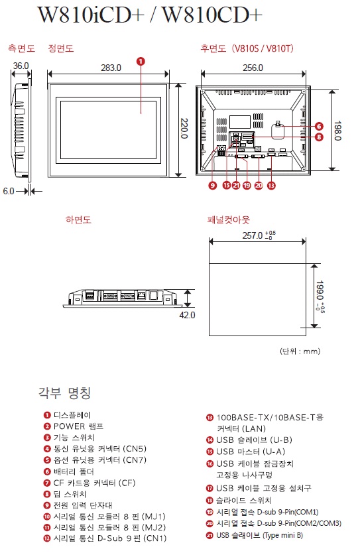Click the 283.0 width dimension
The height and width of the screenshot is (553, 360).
coord(111,68)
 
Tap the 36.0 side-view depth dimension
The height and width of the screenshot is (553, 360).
coord(21,66)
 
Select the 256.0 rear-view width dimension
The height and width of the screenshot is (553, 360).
coord(253,68)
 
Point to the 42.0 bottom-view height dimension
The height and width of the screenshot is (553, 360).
coord(187,315)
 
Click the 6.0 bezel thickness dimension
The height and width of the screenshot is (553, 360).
coord(9,191)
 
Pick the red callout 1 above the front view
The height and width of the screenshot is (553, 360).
coord(141,62)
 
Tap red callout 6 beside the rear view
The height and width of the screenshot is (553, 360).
coord(319,126)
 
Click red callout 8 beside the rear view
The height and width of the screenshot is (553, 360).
coord(319,137)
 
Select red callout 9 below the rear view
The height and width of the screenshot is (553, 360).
coord(212,185)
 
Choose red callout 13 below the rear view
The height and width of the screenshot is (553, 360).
coord(271,185)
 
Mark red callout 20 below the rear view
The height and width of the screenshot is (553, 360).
coord(259,185)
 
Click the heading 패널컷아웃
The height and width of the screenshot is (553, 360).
coord(229,220)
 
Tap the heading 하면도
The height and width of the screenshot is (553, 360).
coord(78,220)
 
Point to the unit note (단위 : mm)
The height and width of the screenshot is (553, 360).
coord(300,351)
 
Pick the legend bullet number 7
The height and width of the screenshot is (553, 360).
coord(47,483)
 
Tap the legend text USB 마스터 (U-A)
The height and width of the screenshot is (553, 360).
coord(251,452)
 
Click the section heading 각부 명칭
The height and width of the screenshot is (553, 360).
coord(65,393)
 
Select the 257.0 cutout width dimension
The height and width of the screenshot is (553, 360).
coord(259,235)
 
